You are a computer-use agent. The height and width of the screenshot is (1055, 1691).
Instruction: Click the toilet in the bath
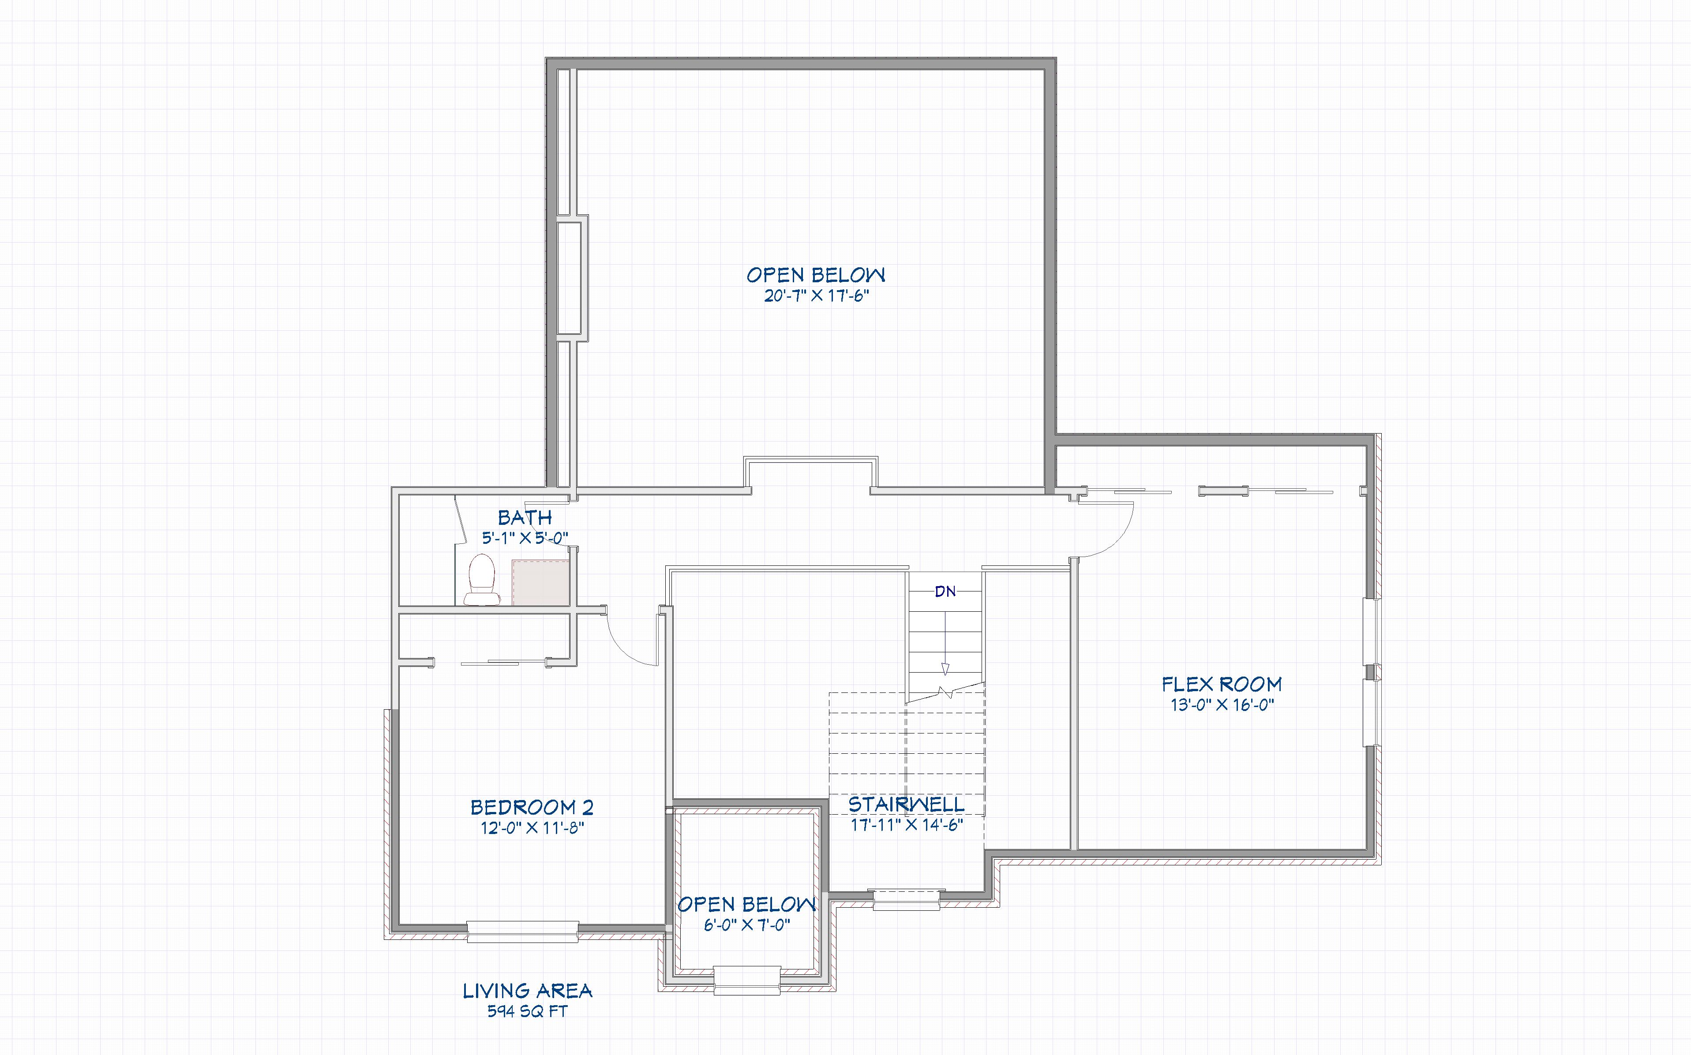pos(481,579)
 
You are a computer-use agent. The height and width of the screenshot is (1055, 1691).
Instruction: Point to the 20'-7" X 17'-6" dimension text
pos(816,296)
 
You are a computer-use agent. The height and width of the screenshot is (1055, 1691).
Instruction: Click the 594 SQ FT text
pos(528,1011)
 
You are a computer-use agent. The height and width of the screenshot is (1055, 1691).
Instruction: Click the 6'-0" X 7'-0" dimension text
pos(747,925)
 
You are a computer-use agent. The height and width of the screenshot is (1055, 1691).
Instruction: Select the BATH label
pos(525,518)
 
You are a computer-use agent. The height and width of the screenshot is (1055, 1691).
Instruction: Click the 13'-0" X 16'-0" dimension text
pos(1222,705)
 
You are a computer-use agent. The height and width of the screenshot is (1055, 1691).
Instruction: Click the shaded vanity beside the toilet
pos(541,582)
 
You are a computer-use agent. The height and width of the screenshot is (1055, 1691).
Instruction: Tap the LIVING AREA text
pos(528,991)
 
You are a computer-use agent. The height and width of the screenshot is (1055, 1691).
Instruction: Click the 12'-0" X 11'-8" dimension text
pos(532,828)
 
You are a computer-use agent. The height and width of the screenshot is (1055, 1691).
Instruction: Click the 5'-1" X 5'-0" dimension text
pos(525,538)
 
